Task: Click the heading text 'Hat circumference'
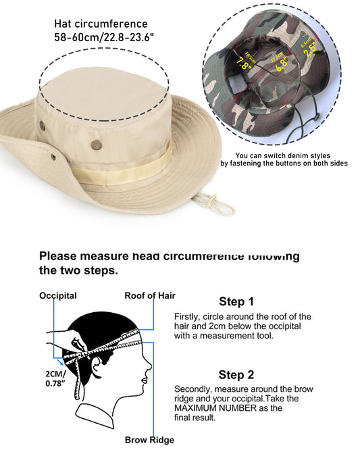coord(101,24)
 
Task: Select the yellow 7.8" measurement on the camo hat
coord(243,64)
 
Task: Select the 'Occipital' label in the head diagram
coord(58,295)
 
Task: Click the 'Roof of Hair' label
coord(150,295)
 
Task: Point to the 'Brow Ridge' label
coord(149,440)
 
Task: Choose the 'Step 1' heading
coord(236,301)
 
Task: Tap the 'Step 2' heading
coord(236,374)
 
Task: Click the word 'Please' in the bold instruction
coord(60,256)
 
